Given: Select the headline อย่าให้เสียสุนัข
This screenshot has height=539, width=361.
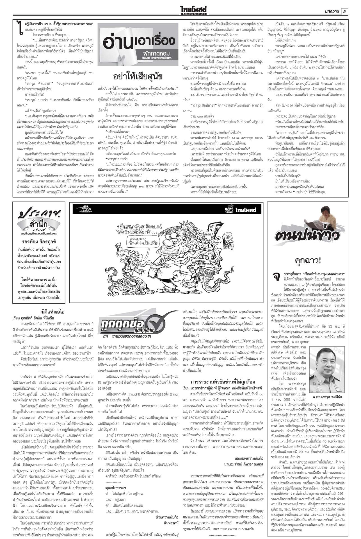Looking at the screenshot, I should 138,76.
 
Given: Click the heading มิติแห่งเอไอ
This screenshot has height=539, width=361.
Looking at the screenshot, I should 53,312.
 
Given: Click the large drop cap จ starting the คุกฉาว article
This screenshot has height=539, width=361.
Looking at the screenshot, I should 277,277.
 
